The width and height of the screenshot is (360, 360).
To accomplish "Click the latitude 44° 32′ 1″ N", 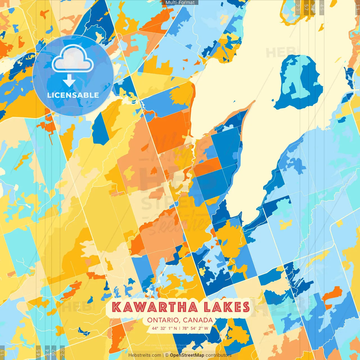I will coord(165,328).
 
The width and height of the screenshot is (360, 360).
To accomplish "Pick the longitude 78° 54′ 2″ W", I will coord(195,328).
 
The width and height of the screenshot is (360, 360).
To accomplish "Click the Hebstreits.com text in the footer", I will coord(145,355).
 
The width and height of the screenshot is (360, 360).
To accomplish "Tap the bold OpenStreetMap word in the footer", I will coord(187,355).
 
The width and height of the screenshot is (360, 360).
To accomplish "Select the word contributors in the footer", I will coord(218,355).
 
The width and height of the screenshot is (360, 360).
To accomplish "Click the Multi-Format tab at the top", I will coord(180,2).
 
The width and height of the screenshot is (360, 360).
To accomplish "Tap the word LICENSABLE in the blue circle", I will coord(73,95).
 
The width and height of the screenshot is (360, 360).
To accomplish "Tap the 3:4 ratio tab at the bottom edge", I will coord(47,352).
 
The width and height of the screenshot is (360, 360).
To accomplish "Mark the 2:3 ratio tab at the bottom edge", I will coord(62,352).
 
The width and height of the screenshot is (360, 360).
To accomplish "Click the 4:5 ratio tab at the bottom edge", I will coord(38,352).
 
